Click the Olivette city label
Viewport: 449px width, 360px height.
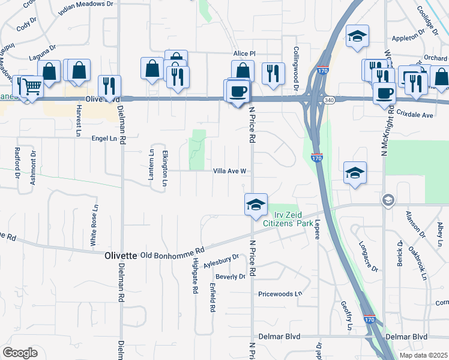(121, 255)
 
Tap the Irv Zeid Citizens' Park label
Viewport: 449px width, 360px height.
(286, 219)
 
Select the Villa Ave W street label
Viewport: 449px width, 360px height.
(231, 171)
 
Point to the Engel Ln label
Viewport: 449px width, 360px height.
(104, 138)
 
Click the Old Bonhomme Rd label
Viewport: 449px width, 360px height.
(172, 253)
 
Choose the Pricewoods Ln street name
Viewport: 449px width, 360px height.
(279, 294)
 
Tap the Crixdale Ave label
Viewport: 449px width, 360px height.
(415, 115)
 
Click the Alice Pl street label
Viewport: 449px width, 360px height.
(245, 53)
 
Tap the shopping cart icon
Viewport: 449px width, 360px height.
(31, 86)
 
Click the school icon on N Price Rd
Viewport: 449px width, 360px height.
(255, 204)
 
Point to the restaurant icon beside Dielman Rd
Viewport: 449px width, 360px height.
(109, 86)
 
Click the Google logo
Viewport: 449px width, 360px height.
(19, 353)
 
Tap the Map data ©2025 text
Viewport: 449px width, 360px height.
(423, 355)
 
